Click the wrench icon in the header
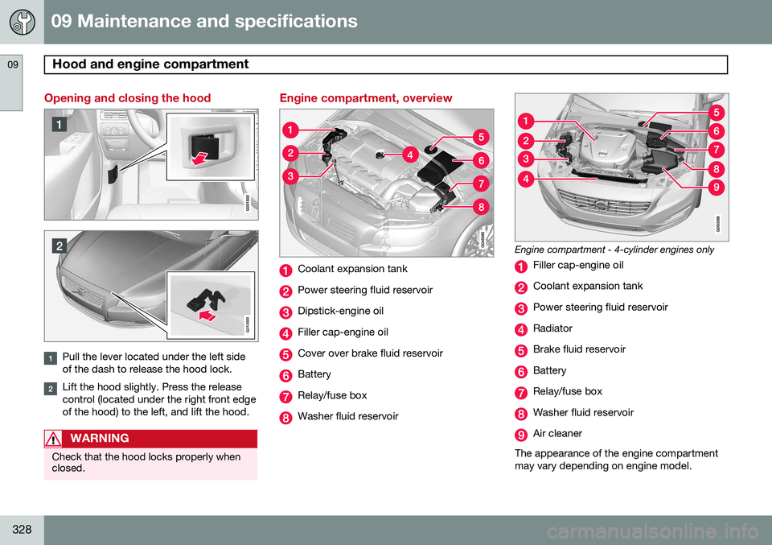[23, 23]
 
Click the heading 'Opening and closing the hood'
[128, 98]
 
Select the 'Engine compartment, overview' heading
[366, 98]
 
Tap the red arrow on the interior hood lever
[199, 158]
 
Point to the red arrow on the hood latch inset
[207, 316]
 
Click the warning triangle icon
[53, 439]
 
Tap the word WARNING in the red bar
[100, 438]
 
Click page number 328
[23, 529]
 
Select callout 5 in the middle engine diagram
[481, 137]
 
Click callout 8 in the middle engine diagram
[481, 207]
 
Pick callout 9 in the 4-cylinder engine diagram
[717, 188]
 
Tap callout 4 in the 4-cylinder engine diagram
[526, 179]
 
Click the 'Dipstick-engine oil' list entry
[341, 311]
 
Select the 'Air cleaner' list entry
[557, 434]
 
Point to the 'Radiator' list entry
[553, 328]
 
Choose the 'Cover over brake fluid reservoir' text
[370, 353]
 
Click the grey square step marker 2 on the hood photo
[59, 246]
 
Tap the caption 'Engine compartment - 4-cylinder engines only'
[614, 250]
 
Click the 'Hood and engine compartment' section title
[150, 64]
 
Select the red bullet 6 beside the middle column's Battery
[285, 375]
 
